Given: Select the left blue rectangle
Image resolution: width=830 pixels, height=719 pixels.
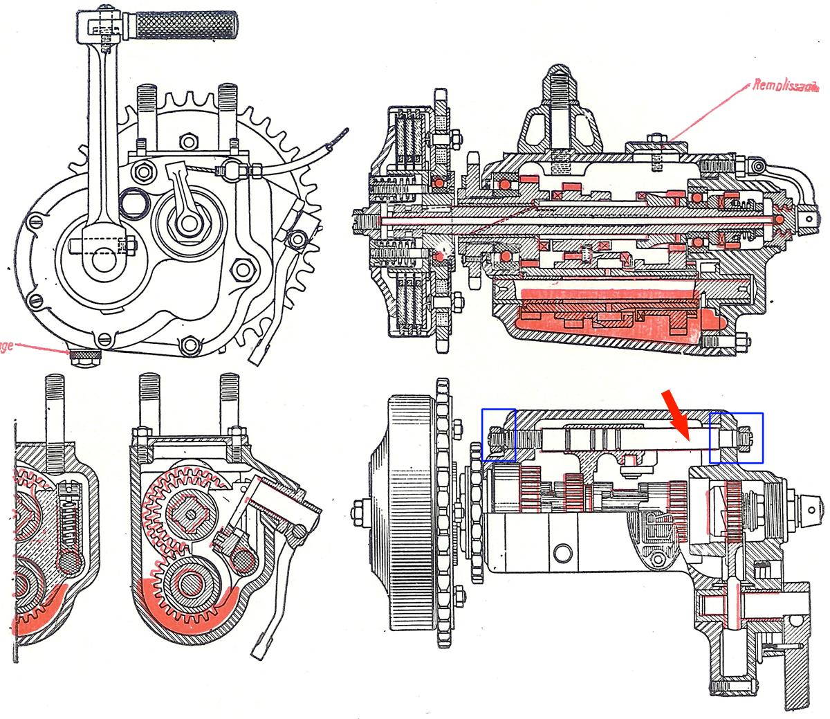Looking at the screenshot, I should (x=499, y=435).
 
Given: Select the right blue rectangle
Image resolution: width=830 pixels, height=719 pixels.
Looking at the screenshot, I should (x=736, y=437).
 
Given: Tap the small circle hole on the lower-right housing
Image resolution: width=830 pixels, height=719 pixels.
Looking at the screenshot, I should (x=563, y=552).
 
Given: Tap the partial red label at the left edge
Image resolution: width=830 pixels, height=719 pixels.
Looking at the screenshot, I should (x=7, y=345).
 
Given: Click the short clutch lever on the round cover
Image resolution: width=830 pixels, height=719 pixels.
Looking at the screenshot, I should (x=185, y=201).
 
